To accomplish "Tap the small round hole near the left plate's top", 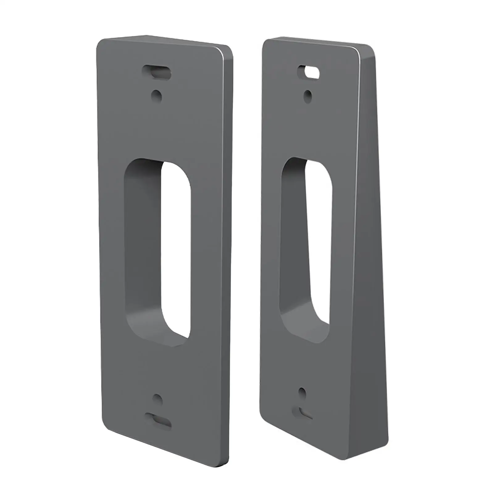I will coord(157,96).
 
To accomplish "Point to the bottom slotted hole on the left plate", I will coord(158,421).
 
